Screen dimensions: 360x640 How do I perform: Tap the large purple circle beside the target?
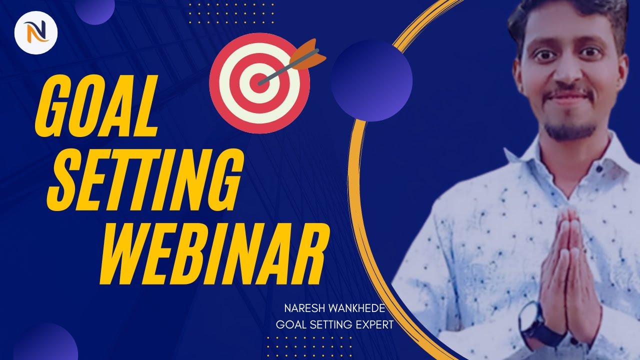(x=371, y=80)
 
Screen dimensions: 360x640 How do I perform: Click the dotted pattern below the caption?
(x=309, y=345)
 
